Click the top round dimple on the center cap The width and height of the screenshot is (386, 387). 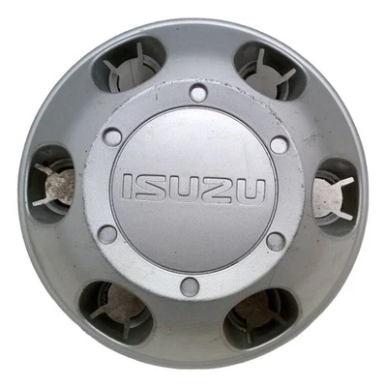[x=198, y=94]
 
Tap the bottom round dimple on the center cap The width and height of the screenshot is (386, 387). [x=191, y=286]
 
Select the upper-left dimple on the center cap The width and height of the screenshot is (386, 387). [x=113, y=136]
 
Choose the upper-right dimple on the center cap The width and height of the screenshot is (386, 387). [x=279, y=145]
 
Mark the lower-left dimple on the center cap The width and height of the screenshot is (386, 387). [x=108, y=234]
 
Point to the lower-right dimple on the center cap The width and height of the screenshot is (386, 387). [x=275, y=240]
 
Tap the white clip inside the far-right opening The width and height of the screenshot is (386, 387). [x=332, y=196]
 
